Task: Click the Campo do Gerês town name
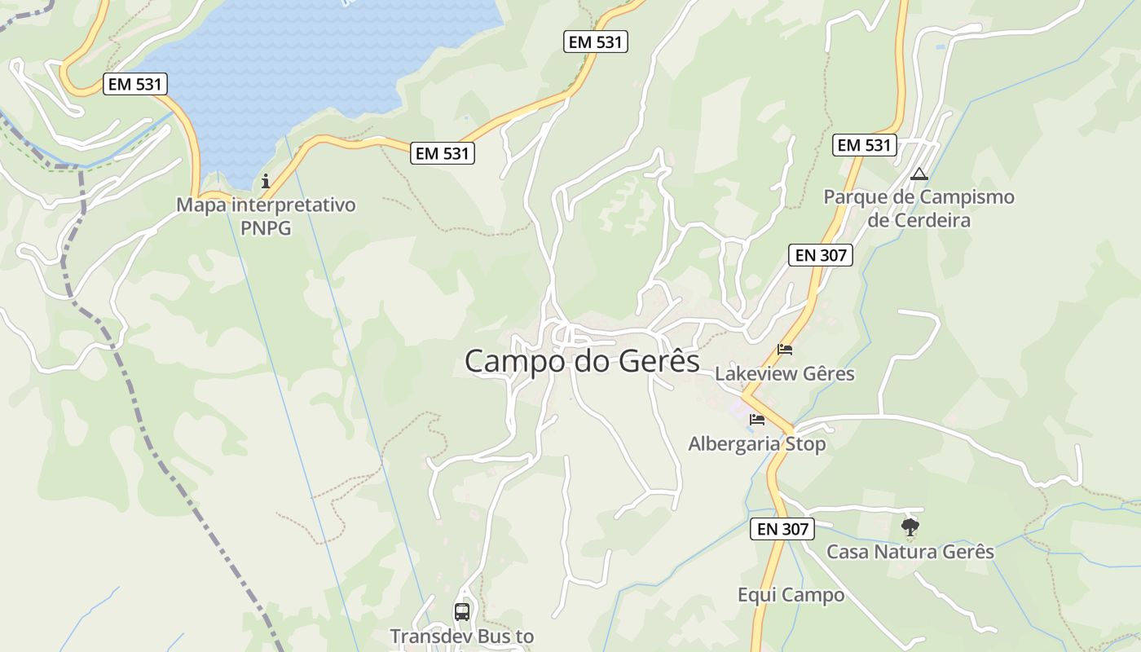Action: tap(582, 361)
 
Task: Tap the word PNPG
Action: tap(266, 227)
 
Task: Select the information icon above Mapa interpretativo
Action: tap(265, 181)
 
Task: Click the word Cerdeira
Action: tap(919, 221)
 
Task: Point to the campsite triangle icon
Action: tap(919, 174)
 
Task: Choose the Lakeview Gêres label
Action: tap(784, 373)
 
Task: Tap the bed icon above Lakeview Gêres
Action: tap(785, 350)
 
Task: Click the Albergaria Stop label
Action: tap(756, 444)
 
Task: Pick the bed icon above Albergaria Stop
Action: tap(757, 420)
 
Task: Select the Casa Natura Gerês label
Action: tap(910, 552)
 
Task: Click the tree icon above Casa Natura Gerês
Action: tap(910, 527)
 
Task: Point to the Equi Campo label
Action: tap(791, 595)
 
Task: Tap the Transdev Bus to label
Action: tap(461, 636)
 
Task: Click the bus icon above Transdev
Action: tap(462, 611)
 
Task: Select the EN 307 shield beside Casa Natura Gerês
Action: tap(782, 529)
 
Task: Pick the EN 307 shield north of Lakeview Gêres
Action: tap(821, 255)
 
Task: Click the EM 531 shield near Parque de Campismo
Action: tap(864, 145)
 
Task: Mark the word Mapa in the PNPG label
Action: tap(201, 205)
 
